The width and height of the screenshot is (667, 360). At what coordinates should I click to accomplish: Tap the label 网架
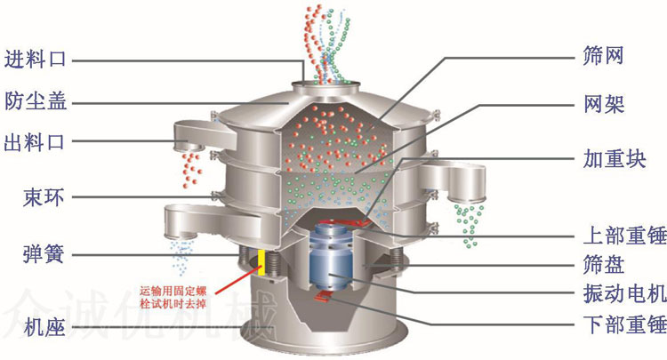click(x=602, y=103)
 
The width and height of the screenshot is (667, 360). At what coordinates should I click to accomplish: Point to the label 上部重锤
click(x=623, y=236)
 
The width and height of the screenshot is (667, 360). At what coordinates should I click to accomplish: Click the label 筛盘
click(x=602, y=264)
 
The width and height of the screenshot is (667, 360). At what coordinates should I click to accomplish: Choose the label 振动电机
click(x=623, y=292)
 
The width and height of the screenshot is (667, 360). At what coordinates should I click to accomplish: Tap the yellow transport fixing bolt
click(x=262, y=260)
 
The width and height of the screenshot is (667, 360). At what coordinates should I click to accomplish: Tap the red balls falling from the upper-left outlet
click(x=189, y=164)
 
